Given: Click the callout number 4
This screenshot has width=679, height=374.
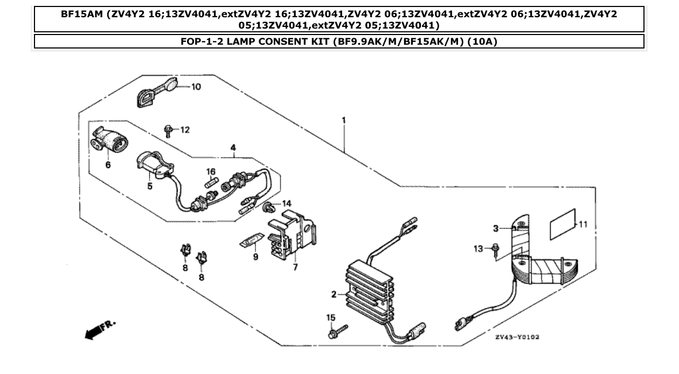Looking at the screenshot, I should pos(233,147).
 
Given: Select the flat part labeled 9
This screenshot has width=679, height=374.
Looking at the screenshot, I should pos(251,239).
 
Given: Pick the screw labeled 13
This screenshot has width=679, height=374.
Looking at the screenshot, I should pos(495,248).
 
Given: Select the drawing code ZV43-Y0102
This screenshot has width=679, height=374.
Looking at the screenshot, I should pos(517,337).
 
